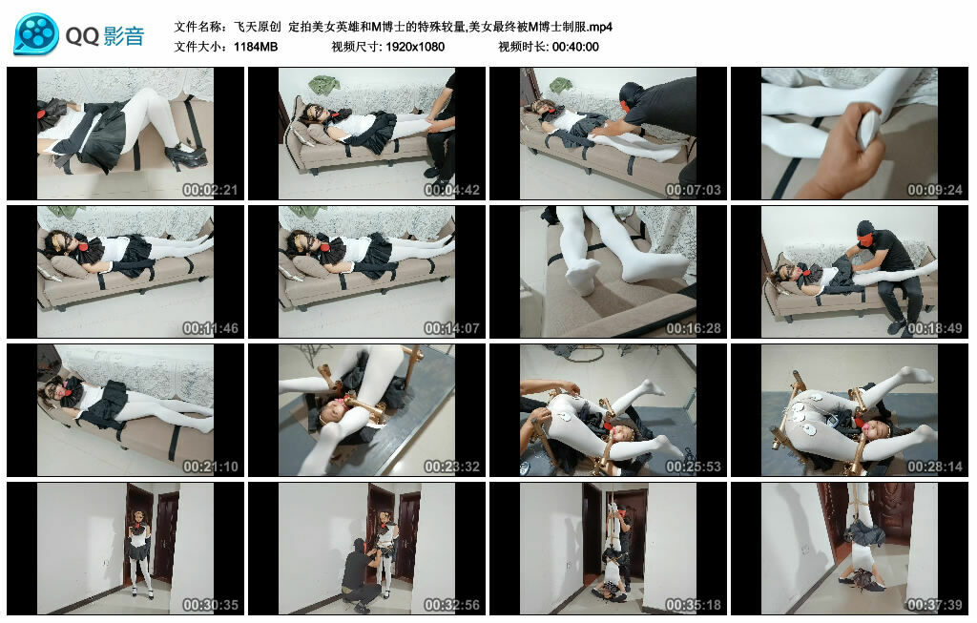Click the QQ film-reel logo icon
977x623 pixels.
(x=36, y=34)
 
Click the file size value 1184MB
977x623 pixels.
(x=256, y=47)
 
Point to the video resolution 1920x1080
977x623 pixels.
(x=415, y=47)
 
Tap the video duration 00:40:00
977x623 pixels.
(x=575, y=47)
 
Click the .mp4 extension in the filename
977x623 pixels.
(x=600, y=27)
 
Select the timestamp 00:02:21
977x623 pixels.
(x=210, y=190)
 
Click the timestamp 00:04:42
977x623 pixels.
(x=451, y=190)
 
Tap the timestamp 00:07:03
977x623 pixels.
(x=693, y=190)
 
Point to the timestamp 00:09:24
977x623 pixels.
(x=935, y=190)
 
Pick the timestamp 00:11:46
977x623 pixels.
(x=210, y=328)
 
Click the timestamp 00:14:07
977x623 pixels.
(x=451, y=328)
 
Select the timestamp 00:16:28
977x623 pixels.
(x=693, y=328)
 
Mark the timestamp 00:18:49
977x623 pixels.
(x=935, y=328)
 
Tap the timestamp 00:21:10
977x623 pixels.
(x=210, y=467)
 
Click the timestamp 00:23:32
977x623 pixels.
(x=451, y=467)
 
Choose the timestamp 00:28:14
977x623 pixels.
(x=935, y=467)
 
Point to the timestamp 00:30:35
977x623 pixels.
(x=210, y=605)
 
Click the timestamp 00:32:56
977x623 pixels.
(x=451, y=605)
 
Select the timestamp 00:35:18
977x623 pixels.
(x=693, y=605)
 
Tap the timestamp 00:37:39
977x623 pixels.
(x=935, y=605)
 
